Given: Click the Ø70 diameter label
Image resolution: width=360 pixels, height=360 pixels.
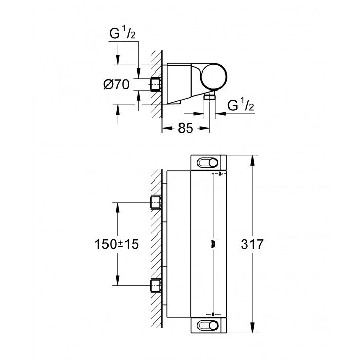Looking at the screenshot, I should click(x=117, y=85).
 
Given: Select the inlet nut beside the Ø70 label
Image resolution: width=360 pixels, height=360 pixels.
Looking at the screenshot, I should click(x=155, y=84).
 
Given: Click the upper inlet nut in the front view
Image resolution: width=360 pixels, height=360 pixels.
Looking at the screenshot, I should click(x=155, y=203).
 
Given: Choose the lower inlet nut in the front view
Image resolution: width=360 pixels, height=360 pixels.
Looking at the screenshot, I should click(x=155, y=285).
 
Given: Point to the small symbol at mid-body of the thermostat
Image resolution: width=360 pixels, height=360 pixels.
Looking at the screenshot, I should click(x=212, y=244).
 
